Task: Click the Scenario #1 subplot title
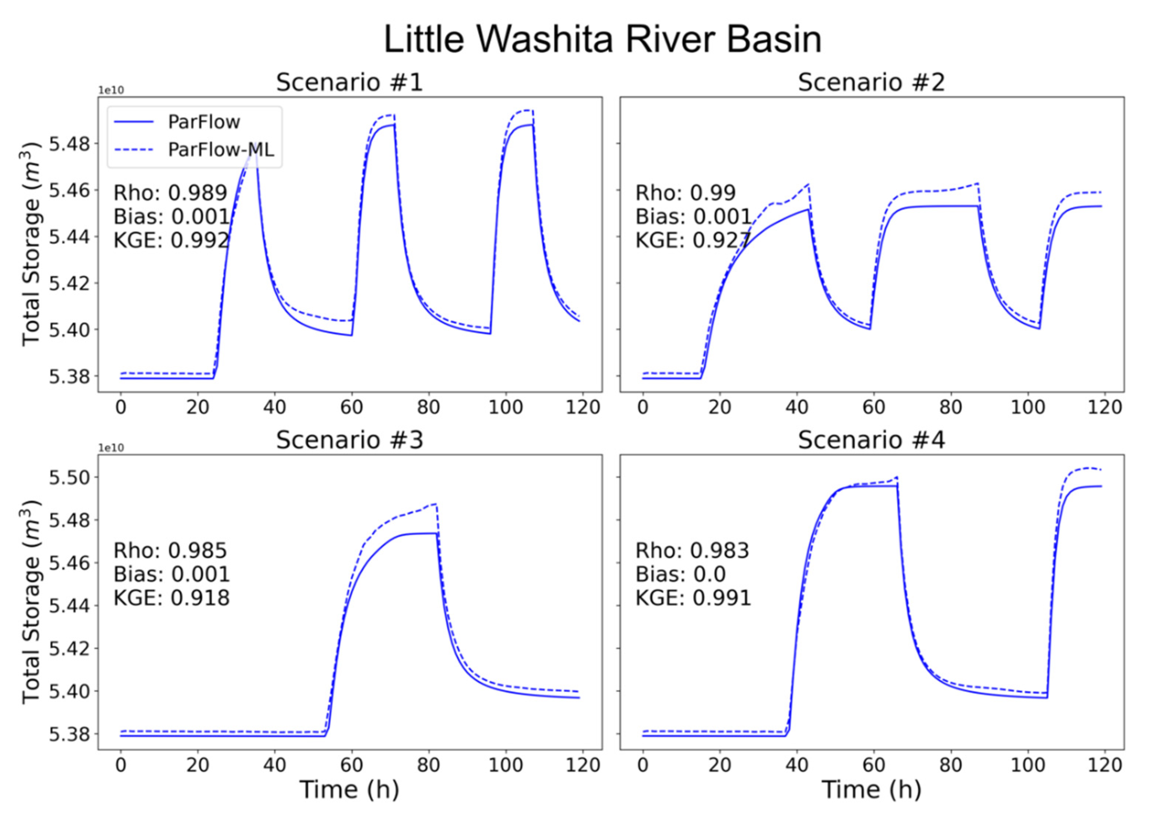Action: coord(349,82)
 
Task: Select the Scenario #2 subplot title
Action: coord(871,82)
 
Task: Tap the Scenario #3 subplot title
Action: coord(349,440)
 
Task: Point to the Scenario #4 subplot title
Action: coord(871,440)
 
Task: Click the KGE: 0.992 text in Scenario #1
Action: coord(172,240)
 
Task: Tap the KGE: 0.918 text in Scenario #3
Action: coord(172,598)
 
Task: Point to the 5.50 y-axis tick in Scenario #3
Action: coord(68,477)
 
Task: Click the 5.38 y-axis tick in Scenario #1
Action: coord(68,376)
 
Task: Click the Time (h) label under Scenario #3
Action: coord(349,790)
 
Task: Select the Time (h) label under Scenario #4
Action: coord(871,790)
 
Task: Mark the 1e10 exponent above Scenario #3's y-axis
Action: coord(110,448)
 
